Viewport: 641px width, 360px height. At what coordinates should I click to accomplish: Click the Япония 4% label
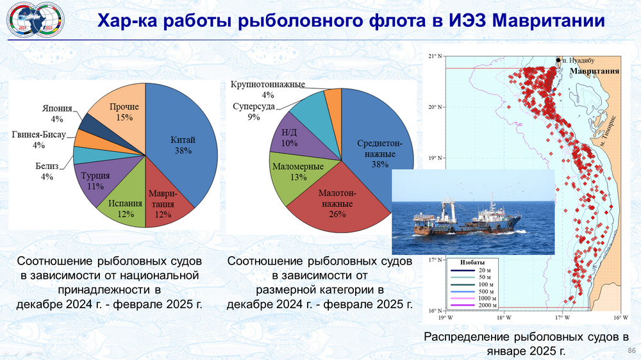click(x=57, y=113)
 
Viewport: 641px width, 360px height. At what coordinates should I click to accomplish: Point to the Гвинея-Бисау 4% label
click(x=39, y=140)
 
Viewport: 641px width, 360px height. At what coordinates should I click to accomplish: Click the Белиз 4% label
click(x=47, y=171)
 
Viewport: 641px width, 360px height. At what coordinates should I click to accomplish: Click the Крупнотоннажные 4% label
click(x=268, y=90)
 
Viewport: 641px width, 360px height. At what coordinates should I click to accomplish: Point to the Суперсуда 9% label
click(x=254, y=111)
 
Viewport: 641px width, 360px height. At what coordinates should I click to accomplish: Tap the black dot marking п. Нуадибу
click(x=558, y=60)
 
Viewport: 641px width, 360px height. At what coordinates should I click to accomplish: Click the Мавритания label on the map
click(x=594, y=71)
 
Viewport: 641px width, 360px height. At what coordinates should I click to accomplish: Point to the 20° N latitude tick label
click(x=435, y=107)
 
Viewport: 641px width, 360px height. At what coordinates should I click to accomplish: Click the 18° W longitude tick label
click(x=504, y=318)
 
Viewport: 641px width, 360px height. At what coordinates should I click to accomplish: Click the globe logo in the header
click(x=36, y=20)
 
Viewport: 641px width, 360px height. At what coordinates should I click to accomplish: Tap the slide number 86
click(x=631, y=350)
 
